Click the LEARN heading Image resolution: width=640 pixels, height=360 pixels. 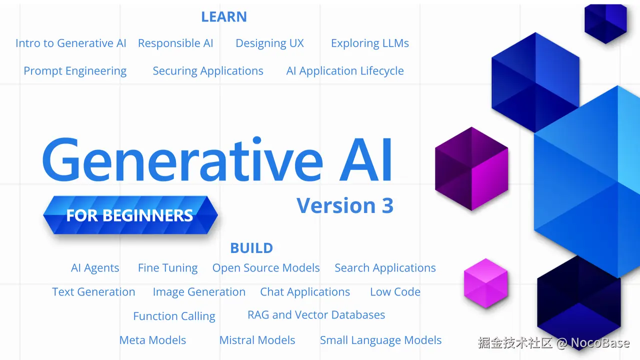224,16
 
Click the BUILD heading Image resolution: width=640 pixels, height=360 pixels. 251,248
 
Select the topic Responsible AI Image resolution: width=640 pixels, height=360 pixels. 175,43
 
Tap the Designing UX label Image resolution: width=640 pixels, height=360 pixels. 269,43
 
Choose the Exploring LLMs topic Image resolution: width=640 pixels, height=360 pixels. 369,43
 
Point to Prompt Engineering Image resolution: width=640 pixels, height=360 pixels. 75,71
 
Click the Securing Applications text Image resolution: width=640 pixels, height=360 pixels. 207,71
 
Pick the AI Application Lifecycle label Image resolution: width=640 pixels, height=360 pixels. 345,71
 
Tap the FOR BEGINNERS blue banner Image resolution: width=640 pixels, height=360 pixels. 130,215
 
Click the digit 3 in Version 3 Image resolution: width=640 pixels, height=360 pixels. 387,205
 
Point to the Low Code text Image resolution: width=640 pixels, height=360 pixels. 395,292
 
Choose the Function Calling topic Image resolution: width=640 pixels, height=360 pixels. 174,316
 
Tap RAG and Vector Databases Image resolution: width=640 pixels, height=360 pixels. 316,315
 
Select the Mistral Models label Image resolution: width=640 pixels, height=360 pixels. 257,340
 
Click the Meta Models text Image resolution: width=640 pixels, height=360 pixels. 152,340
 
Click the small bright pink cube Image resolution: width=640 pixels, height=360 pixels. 485,283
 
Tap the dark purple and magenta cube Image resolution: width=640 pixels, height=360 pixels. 471,169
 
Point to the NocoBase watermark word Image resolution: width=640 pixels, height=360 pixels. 600,343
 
